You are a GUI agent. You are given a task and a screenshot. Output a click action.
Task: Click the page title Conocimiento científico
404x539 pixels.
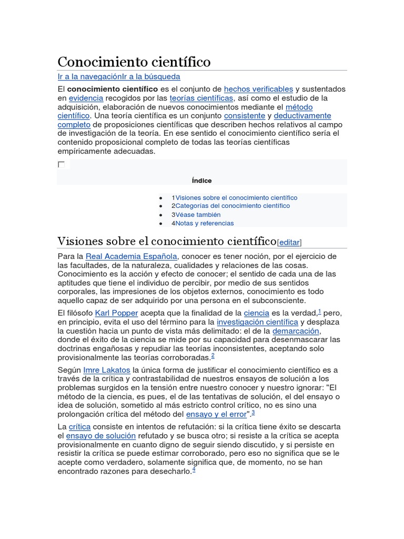134,62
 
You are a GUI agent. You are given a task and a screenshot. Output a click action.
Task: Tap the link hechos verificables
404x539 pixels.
258,89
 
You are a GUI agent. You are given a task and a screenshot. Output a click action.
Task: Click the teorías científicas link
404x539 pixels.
201,98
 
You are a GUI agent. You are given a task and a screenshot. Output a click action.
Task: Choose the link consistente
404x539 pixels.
245,115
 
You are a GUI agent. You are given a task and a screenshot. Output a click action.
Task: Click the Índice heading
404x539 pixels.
202,181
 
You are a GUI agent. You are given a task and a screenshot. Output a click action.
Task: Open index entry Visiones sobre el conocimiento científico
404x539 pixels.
236,198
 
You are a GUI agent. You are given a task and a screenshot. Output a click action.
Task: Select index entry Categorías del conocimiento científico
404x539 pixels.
233,206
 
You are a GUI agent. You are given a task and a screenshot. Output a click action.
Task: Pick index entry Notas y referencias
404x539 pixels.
204,223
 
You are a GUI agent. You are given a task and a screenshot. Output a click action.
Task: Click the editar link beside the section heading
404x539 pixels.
289,243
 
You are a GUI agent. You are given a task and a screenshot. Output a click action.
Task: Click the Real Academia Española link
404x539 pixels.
131,256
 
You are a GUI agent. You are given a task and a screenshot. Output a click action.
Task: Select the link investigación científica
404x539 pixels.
257,322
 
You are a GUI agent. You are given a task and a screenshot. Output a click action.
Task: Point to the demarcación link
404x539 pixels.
296,331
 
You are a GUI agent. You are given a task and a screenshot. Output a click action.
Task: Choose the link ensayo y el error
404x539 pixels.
216,414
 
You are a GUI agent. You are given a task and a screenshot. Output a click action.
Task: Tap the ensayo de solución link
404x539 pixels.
101,436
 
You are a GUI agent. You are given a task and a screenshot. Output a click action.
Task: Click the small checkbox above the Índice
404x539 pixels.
61,165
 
